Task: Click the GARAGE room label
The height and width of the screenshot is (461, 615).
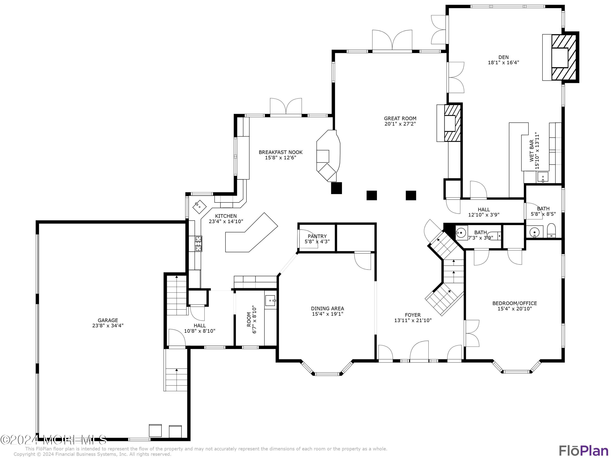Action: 108,320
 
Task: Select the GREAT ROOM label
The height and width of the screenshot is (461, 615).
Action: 400,118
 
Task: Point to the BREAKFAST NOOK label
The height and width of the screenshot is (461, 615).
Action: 280,152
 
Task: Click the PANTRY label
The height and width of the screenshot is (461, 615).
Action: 317,236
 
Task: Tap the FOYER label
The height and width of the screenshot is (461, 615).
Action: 413,315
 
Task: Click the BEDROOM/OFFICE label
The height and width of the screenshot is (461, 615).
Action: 515,303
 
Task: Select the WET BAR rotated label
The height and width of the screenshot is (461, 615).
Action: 531,151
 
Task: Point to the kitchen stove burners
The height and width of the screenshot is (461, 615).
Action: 198,244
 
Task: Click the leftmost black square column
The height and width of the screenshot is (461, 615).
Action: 336,188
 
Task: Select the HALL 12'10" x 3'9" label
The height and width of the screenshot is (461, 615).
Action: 484,210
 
